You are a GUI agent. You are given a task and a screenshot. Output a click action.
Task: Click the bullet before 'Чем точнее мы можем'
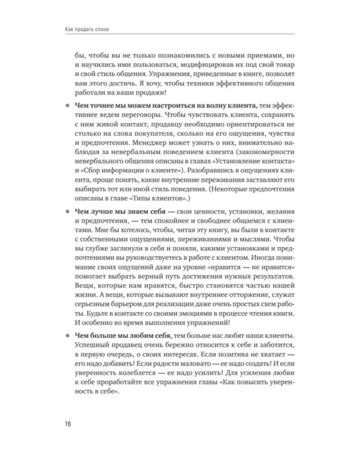point(67,106)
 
